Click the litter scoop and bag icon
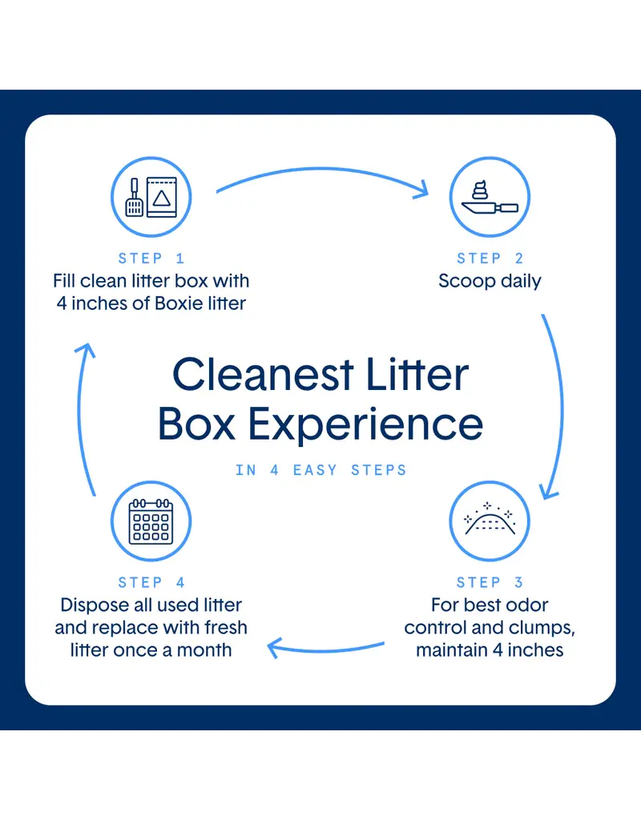click(151, 197)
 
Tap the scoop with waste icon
click(490, 197)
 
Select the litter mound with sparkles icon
click(490, 521)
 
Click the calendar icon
click(151, 521)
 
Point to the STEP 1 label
click(151, 259)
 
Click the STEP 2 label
click(490, 259)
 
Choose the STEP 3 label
click(490, 583)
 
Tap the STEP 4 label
click(151, 583)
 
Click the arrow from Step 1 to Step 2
click(322, 169)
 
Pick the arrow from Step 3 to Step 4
click(325, 650)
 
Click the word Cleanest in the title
click(263, 375)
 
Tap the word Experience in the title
click(365, 424)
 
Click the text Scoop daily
click(490, 281)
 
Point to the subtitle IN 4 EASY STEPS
click(320, 470)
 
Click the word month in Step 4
click(204, 650)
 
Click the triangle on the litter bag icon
click(162, 199)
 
